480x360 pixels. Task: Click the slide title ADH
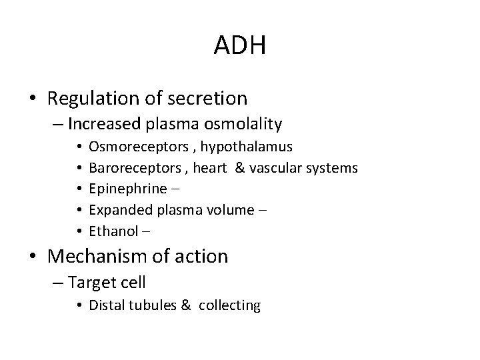click(x=240, y=45)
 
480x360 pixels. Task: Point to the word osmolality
click(x=241, y=124)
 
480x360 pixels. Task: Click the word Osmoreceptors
click(x=127, y=146)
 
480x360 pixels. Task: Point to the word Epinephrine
click(x=120, y=189)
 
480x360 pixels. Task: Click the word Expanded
click(x=115, y=211)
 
